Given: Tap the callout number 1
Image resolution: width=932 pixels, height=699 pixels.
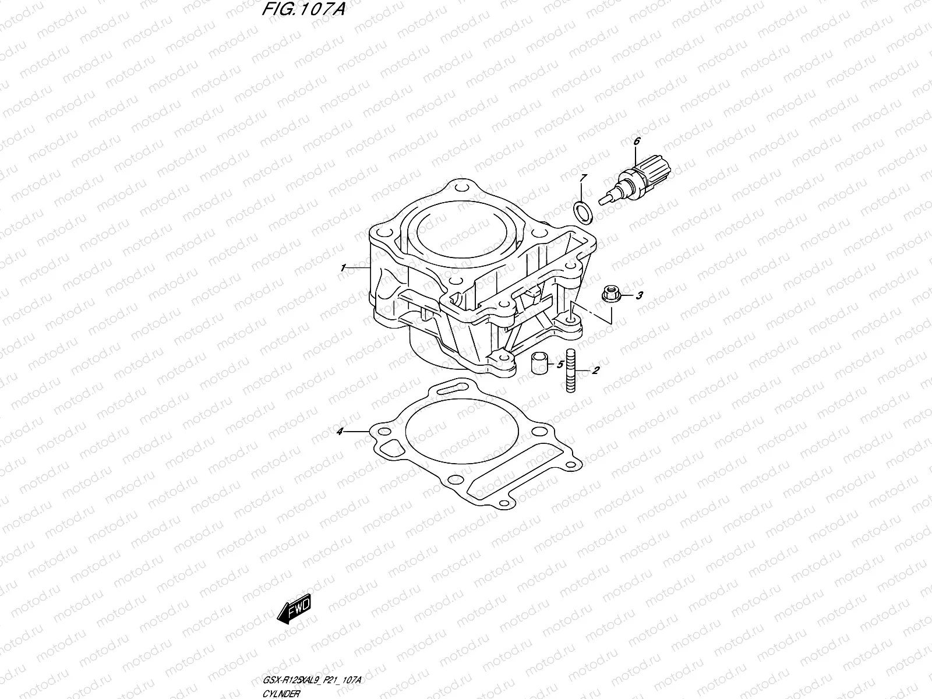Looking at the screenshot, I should pyautogui.click(x=344, y=267).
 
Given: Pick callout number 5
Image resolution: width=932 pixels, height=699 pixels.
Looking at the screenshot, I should pyautogui.click(x=560, y=365).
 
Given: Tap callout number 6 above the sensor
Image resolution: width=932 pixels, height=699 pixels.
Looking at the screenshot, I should pyautogui.click(x=636, y=141).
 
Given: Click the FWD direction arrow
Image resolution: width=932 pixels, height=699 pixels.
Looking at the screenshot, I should pyautogui.click(x=295, y=610).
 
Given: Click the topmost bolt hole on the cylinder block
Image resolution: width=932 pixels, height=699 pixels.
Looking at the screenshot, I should pyautogui.click(x=462, y=189).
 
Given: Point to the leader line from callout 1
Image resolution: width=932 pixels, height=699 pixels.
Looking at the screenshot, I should pyautogui.click(x=358, y=267).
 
